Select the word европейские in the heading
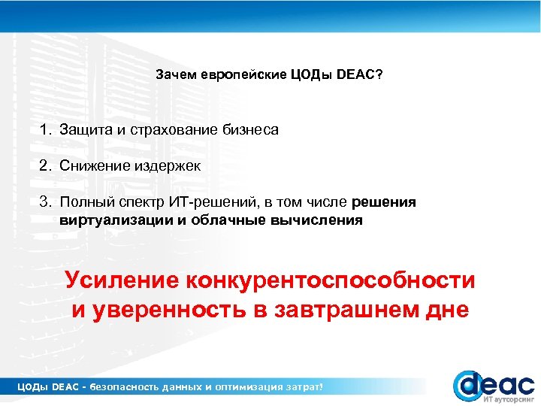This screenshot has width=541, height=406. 242,76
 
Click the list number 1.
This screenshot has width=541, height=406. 45,130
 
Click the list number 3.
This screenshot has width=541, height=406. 45,203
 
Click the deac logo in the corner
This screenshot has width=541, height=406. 492,384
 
